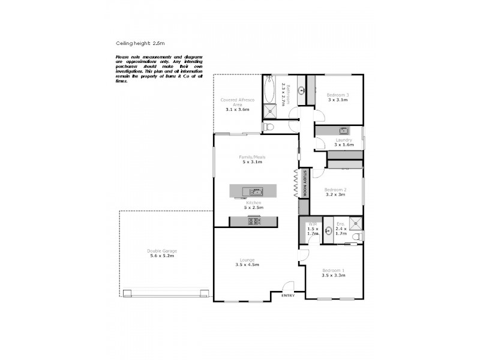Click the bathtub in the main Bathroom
coord(269,90)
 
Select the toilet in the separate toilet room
coord(269,127)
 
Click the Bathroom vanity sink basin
coord(301,91)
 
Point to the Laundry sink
coord(344,130)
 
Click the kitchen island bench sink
coord(253,192)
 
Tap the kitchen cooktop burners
coord(253,221)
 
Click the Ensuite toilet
coord(356,238)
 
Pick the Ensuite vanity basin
coord(328,230)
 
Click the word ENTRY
coord(289,295)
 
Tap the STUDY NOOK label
coord(304,182)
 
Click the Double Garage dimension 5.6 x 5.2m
coord(162,256)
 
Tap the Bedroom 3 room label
coord(338,95)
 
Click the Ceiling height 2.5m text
coord(140,43)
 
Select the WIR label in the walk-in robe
coord(312,223)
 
